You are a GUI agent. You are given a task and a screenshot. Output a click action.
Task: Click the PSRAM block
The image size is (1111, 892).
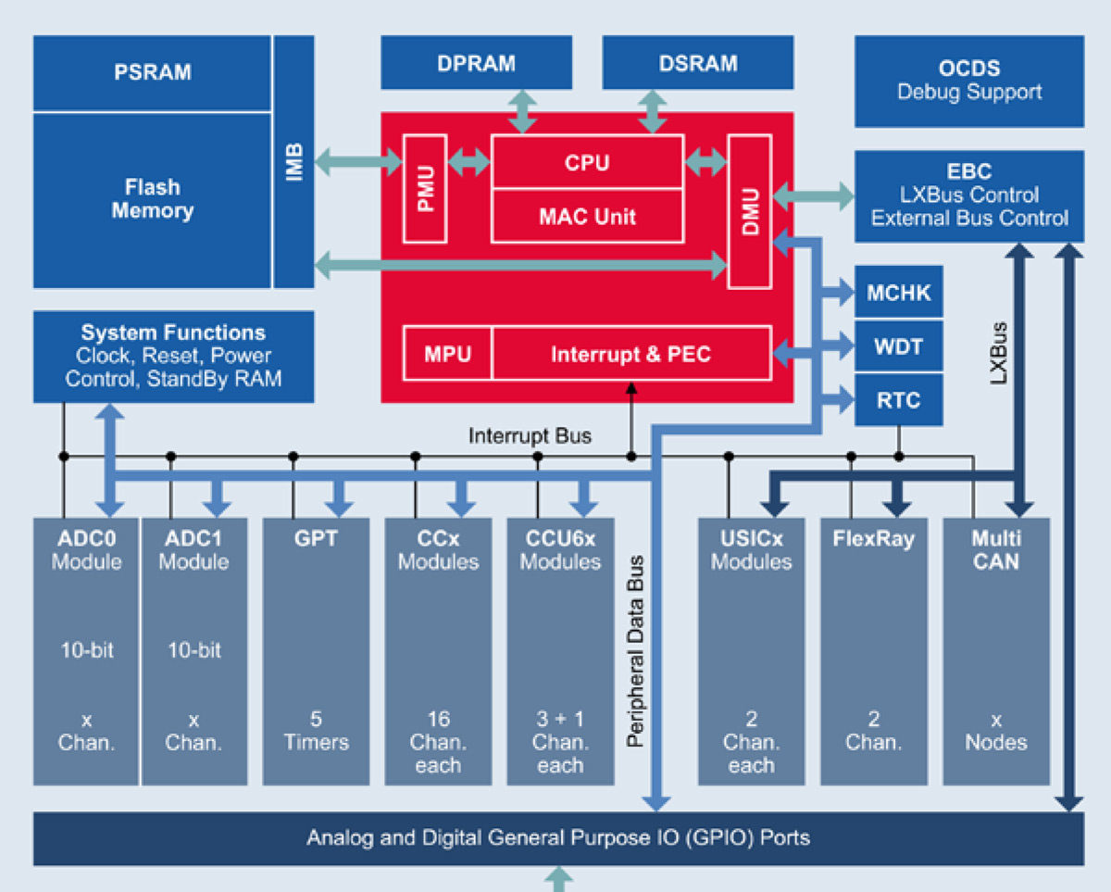(152, 72)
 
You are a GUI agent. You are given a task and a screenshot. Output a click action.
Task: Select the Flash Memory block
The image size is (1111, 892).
(152, 199)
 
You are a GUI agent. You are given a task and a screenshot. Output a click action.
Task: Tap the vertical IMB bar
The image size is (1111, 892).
(293, 162)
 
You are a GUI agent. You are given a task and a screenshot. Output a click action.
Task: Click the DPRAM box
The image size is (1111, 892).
(476, 64)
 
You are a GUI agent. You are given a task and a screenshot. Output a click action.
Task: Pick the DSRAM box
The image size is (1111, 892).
(698, 64)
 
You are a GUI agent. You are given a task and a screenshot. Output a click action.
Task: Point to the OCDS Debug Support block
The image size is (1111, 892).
(968, 81)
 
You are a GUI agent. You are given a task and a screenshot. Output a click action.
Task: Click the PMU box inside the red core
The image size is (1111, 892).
(426, 187)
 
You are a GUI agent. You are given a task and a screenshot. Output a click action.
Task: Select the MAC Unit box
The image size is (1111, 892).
(587, 216)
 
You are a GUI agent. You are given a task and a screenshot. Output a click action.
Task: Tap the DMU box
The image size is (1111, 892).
(749, 210)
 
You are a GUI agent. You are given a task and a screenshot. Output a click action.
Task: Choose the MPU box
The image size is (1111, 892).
(447, 354)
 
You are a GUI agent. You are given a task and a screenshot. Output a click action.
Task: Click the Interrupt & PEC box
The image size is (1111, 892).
(630, 354)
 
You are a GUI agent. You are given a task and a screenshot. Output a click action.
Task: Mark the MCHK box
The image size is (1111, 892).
(898, 294)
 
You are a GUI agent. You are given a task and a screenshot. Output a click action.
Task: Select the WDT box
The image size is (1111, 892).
(898, 347)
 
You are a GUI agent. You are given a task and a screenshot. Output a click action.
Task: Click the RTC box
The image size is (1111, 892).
(898, 401)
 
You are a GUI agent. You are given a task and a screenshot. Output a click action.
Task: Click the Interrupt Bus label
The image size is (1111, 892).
(530, 435)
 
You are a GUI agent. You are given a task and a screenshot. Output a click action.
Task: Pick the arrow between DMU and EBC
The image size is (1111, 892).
(813, 195)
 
